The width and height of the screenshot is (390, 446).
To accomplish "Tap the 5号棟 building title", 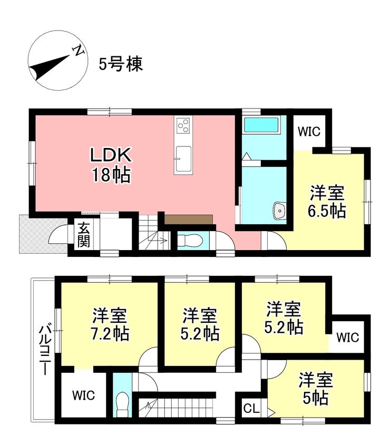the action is click(121, 64).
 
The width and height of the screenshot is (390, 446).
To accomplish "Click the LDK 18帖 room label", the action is click(111, 165).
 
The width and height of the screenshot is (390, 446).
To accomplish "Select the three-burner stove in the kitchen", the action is click(183, 125).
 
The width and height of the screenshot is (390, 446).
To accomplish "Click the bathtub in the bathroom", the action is click(261, 125).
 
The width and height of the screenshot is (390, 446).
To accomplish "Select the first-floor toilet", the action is click(190, 241).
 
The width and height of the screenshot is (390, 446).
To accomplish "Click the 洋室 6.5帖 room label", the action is click(327, 202).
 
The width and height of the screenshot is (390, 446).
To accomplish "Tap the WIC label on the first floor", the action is click(309, 132).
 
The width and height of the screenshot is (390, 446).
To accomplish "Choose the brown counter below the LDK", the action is click(189, 219).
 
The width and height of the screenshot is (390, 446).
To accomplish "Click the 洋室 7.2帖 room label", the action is click(110, 324).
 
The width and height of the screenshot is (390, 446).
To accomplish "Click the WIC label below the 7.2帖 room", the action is click(83, 395).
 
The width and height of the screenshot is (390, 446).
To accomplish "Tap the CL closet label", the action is click(251, 409).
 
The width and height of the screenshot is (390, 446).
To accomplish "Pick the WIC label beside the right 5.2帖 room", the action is click(348, 338).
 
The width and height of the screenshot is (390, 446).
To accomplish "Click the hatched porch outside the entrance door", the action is click(43, 234).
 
